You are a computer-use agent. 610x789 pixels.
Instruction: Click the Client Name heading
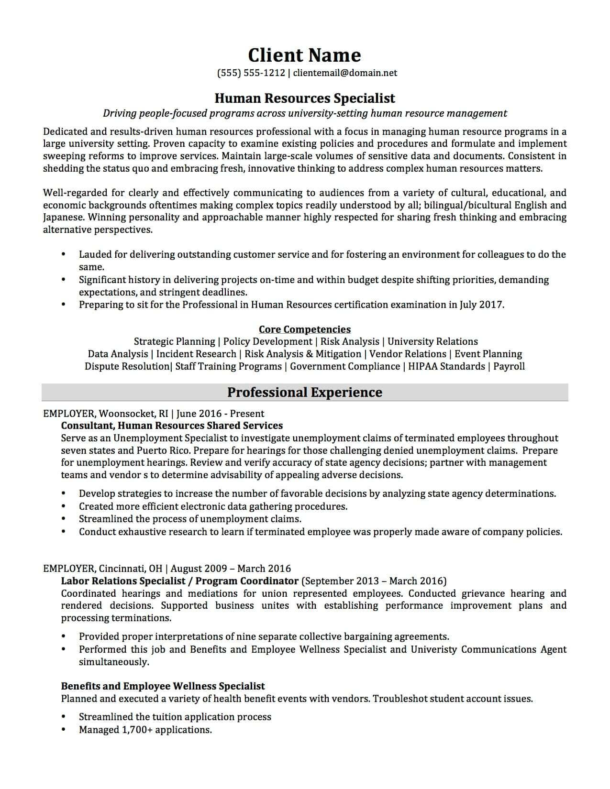click(304, 55)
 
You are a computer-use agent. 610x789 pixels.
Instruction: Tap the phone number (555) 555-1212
click(251, 73)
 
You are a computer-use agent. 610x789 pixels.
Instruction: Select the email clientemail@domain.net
click(345, 73)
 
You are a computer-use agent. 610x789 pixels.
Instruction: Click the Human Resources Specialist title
click(304, 98)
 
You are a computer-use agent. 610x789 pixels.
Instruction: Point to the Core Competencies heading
click(304, 329)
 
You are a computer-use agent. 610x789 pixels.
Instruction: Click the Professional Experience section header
click(304, 392)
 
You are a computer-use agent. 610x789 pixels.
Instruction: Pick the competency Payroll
click(509, 366)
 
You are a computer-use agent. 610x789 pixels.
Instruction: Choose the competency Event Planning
click(488, 354)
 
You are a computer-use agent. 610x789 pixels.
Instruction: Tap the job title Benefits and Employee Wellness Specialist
click(163, 686)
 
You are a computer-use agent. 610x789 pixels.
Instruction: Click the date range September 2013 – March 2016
click(375, 581)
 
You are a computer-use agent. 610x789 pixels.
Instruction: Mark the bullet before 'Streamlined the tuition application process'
click(64, 717)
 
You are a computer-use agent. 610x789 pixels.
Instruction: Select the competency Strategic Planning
click(174, 341)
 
